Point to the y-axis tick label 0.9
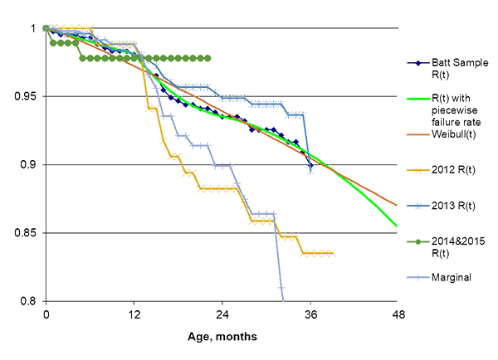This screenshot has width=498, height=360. (34, 164)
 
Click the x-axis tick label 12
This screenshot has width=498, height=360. (134, 314)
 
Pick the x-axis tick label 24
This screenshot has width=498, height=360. (222, 314)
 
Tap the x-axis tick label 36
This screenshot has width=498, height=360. (310, 314)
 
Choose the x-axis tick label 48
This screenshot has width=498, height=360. (398, 314)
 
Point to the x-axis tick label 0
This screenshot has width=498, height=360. (46, 314)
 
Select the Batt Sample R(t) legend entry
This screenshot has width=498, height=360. (449, 67)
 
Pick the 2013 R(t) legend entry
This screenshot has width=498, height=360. (452, 205)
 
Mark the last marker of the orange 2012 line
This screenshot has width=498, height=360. (333, 253)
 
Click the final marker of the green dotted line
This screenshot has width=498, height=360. (208, 58)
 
